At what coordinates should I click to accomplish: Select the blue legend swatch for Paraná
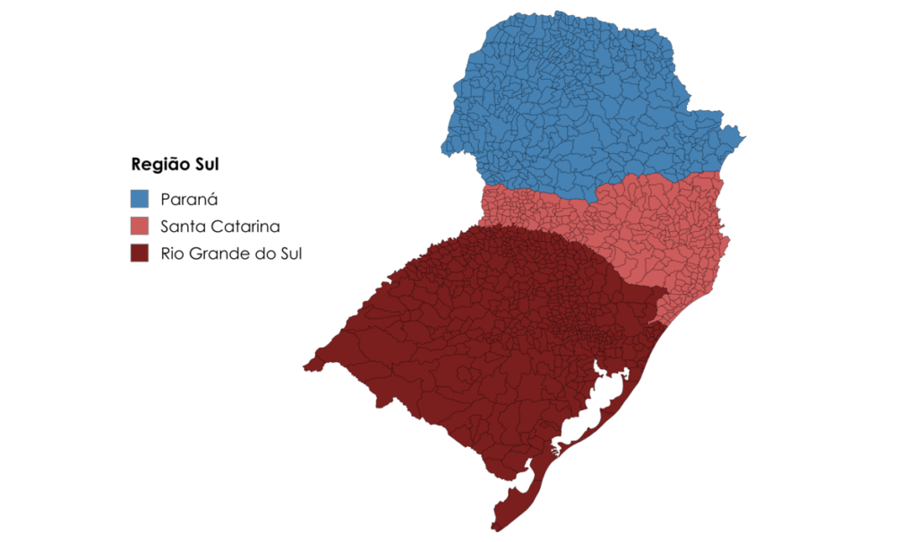coord(139,199)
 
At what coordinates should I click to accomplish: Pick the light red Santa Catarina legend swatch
coord(139,226)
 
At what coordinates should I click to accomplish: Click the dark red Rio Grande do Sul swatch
coord(139,253)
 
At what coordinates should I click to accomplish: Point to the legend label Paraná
coord(189,199)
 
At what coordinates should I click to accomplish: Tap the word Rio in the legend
coord(172,253)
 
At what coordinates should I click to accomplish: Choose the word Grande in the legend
coord(214,253)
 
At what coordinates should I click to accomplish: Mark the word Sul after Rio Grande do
coord(288,253)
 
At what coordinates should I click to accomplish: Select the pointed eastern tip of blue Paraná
coord(744,137)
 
